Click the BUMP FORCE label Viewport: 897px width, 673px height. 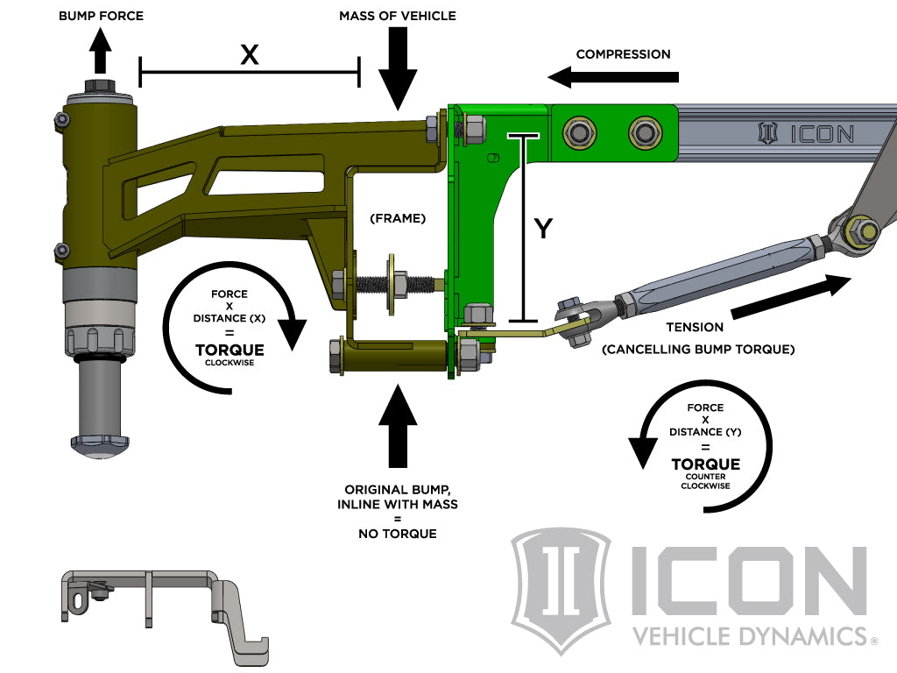(101, 16)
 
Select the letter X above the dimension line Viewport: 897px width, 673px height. (250, 54)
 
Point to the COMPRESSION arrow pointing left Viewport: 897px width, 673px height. (614, 77)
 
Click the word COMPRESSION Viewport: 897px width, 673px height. (623, 53)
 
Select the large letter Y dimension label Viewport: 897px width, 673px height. (544, 229)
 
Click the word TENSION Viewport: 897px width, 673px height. (694, 327)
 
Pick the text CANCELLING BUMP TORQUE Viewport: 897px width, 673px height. (698, 349)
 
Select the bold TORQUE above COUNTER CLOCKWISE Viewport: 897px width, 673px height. (705, 464)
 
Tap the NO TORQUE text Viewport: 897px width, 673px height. (397, 533)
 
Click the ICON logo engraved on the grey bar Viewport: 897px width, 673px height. (806, 134)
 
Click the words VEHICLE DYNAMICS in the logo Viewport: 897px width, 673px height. (748, 635)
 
